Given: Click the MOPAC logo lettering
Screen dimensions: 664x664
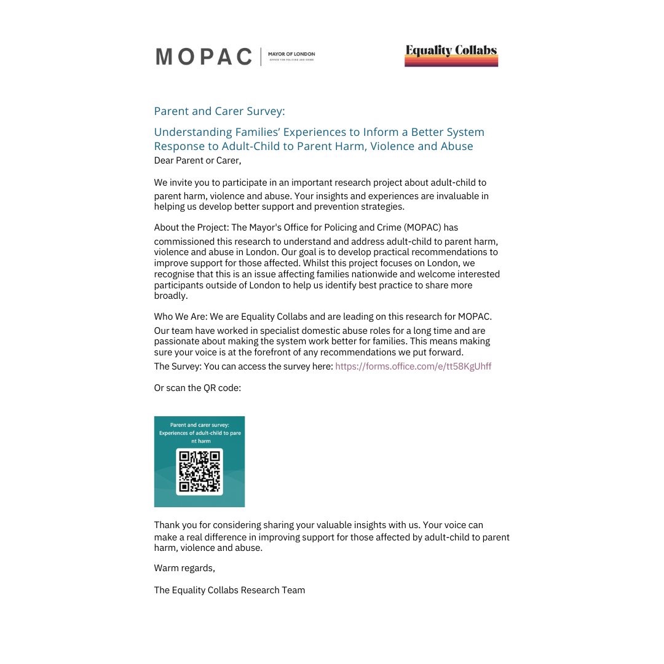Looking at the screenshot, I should tap(204, 57).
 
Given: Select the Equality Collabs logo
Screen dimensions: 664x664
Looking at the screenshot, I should tap(451, 55).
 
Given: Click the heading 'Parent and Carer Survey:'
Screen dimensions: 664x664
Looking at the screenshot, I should tap(219, 111).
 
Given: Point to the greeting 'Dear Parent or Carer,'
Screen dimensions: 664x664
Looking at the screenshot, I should tap(197, 161).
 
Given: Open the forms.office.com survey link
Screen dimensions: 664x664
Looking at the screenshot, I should tap(413, 366).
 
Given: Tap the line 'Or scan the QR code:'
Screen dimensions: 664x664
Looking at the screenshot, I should tap(197, 388).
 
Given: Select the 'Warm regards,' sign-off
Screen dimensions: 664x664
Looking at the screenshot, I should tap(184, 567).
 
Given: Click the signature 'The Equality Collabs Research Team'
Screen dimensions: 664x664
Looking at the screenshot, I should tap(229, 590).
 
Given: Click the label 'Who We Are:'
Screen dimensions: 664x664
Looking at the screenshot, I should tap(181, 317).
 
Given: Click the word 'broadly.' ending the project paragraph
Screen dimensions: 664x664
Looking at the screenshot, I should tap(171, 296).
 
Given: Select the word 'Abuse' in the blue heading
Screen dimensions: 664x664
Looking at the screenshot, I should tap(457, 146).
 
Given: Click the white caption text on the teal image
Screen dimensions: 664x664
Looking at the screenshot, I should tap(199, 433).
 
